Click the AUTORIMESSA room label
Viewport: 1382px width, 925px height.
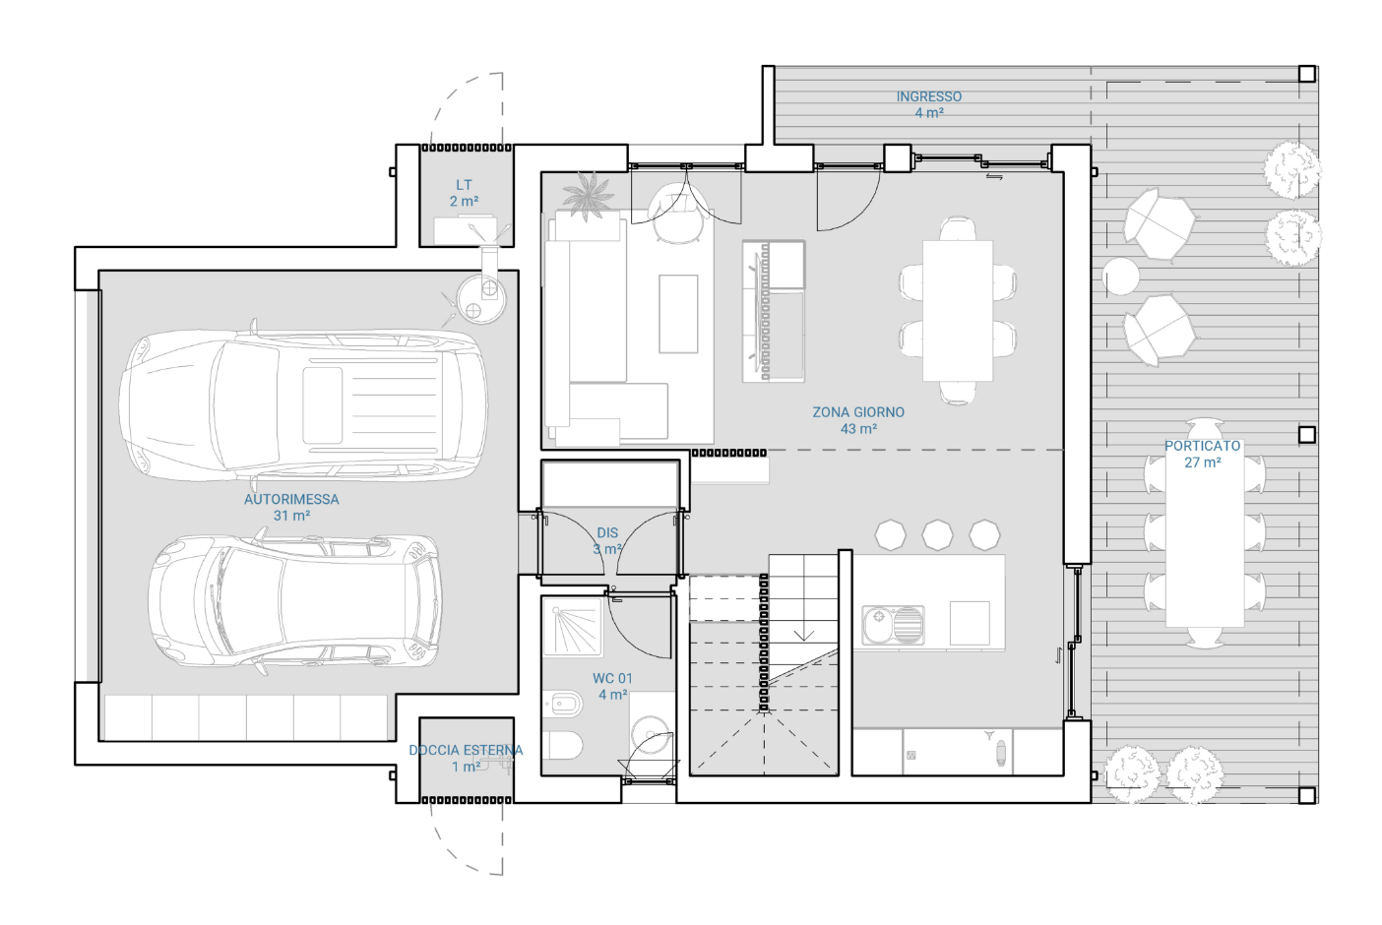[x=291, y=499]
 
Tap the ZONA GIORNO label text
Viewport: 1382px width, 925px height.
[x=858, y=412]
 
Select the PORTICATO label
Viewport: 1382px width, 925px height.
[x=1203, y=446]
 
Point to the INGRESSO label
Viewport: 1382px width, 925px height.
[x=928, y=96]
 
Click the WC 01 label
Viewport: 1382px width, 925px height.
[x=612, y=678]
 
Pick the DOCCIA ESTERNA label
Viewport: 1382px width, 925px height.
[x=466, y=751]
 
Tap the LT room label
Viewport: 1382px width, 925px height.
[x=464, y=185]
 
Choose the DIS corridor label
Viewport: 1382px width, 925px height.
[x=607, y=532]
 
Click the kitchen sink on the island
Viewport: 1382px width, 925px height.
[x=894, y=625]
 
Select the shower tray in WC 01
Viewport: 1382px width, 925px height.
[x=571, y=626]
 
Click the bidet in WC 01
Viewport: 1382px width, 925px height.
[x=563, y=703]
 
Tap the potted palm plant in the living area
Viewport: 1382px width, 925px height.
[x=589, y=194]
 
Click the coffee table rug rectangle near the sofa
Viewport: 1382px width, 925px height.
[x=678, y=314]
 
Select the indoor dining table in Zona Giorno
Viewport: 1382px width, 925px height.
[x=958, y=311]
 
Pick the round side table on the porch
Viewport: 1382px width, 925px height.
[x=1121, y=277]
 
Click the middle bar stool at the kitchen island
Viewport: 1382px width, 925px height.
[x=937, y=534]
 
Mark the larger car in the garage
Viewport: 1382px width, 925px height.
[x=303, y=405]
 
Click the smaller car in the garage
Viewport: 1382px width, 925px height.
[x=295, y=602]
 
